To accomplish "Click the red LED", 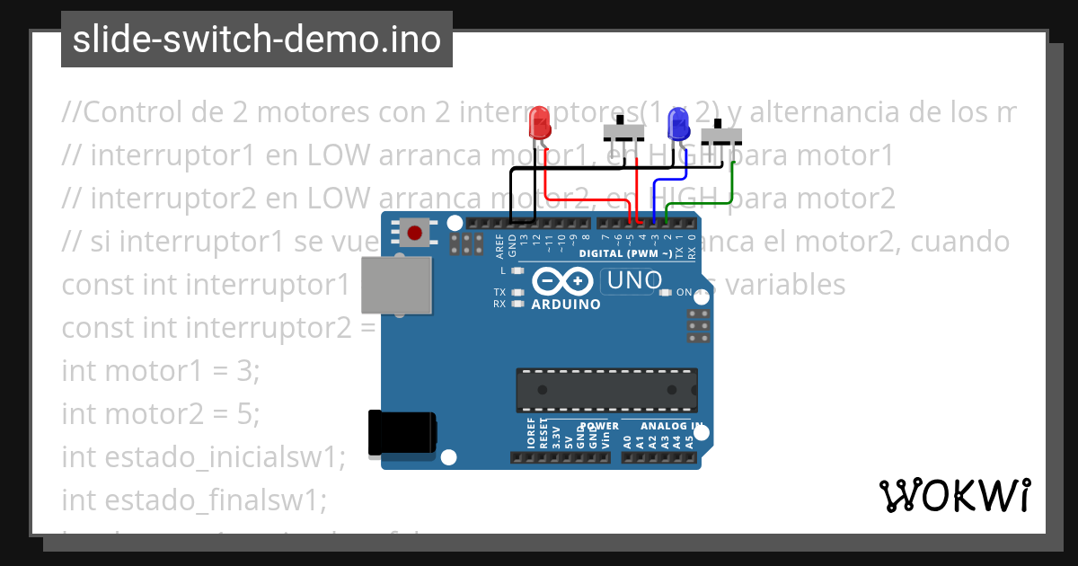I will click(x=539, y=122).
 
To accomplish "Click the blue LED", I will click(x=679, y=123).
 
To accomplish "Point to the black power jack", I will click(x=402, y=432).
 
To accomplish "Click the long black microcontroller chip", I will click(x=606, y=389).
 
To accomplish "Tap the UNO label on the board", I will click(x=634, y=281).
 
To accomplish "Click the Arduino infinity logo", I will click(x=563, y=282).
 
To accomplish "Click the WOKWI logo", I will click(x=954, y=495).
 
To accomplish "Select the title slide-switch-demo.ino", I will click(x=257, y=40).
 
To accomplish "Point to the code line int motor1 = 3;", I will click(x=160, y=370).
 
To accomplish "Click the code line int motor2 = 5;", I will click(x=160, y=413).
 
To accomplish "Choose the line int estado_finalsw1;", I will click(x=195, y=499).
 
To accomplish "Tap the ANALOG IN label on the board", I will click(x=672, y=426).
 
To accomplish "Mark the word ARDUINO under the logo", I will click(x=566, y=305).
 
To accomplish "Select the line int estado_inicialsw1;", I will click(x=203, y=456).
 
